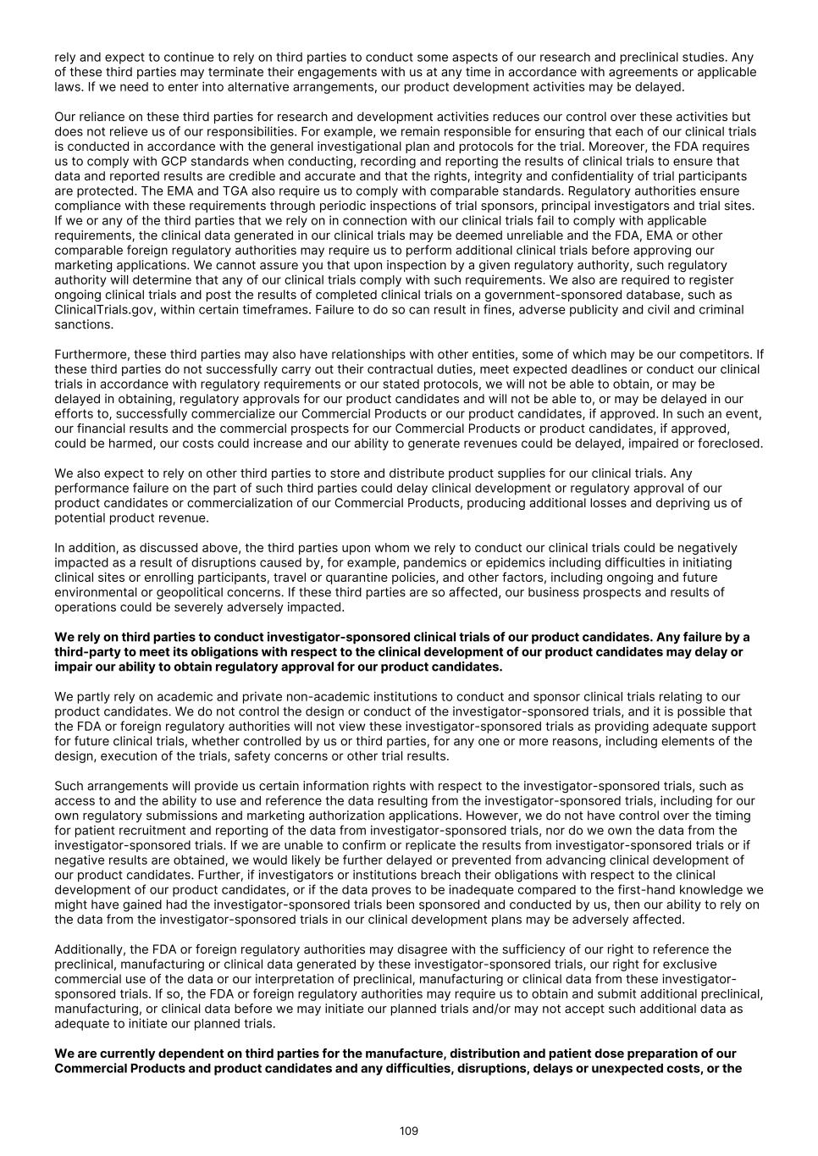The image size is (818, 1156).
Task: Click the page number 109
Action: (x=409, y=1131)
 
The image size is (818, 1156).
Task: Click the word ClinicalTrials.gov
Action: (x=96, y=310)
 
